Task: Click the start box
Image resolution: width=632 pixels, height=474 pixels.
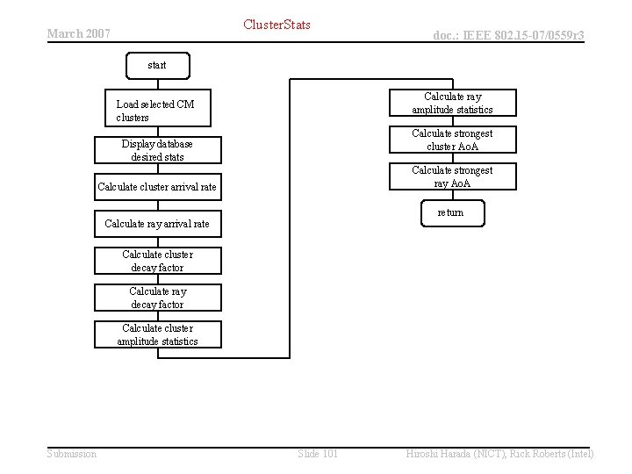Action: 157,66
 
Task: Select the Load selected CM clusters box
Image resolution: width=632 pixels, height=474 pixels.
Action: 158,111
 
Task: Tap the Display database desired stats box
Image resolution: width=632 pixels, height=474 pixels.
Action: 158,150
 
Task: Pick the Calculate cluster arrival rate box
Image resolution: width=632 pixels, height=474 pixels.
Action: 158,187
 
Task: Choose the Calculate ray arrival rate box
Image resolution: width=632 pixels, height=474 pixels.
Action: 158,224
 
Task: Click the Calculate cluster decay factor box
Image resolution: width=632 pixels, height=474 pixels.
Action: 158,261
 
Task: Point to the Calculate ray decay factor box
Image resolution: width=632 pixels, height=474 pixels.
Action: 158,298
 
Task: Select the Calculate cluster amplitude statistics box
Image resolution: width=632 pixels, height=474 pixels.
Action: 158,334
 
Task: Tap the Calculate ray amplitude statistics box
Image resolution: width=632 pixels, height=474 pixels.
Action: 452,103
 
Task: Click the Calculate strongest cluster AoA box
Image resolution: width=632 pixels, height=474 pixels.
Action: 452,140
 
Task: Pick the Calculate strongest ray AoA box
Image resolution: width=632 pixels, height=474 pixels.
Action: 452,176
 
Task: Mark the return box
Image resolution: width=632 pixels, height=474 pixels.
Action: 450,213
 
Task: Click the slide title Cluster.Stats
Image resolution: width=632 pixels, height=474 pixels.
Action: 277,25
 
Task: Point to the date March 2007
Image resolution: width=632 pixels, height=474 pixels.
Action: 78,33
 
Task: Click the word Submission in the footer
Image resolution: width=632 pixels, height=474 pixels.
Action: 72,453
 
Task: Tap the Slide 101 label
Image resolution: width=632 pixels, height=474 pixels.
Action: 318,453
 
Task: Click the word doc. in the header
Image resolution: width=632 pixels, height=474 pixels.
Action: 447,35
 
